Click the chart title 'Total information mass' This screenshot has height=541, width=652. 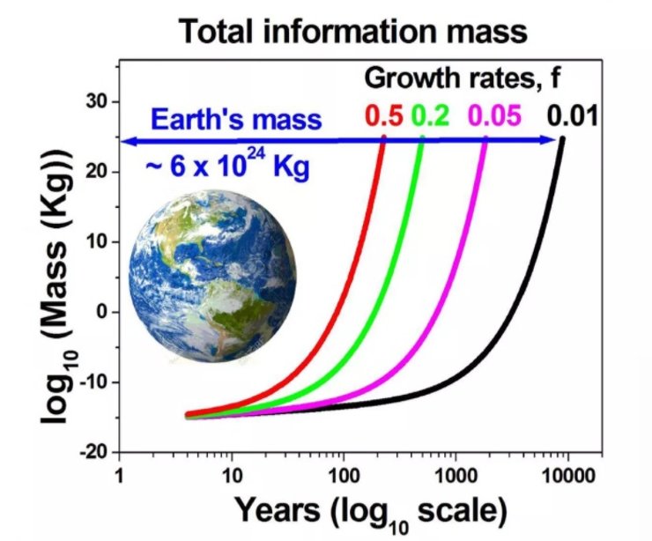point(352,33)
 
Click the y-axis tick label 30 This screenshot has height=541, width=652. point(96,102)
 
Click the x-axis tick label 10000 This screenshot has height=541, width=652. point(568,474)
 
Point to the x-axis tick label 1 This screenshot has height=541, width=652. point(119,474)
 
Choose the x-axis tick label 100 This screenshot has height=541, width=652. point(344,474)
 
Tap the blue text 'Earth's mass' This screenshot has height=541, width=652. point(236,118)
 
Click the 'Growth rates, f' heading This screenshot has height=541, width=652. point(463,80)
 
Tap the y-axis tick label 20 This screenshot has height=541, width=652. point(96,173)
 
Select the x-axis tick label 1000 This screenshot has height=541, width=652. point(456,474)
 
